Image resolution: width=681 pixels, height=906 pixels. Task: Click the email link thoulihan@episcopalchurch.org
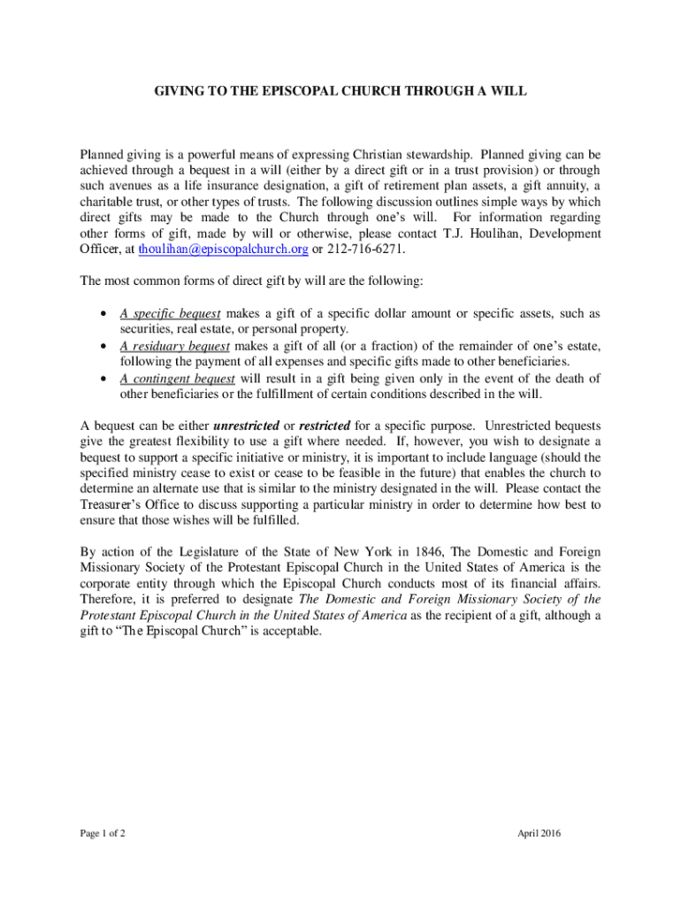coord(223,250)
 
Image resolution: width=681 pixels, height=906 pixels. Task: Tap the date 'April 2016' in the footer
coord(539,833)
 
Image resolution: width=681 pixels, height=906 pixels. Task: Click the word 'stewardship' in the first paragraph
coord(438,154)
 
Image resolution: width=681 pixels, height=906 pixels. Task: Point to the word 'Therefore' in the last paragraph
coord(110,600)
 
